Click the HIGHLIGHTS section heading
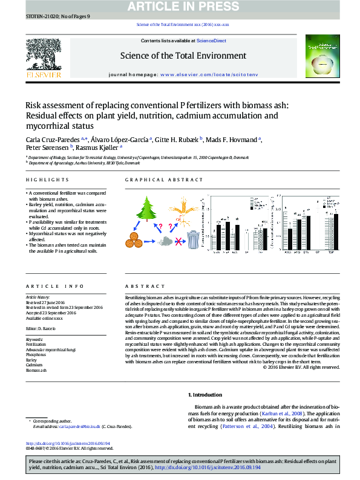click(47, 180)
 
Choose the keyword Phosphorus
click(37, 355)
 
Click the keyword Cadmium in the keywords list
click(34, 365)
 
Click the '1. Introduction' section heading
click(207, 394)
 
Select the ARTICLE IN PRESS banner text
click(180, 7)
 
